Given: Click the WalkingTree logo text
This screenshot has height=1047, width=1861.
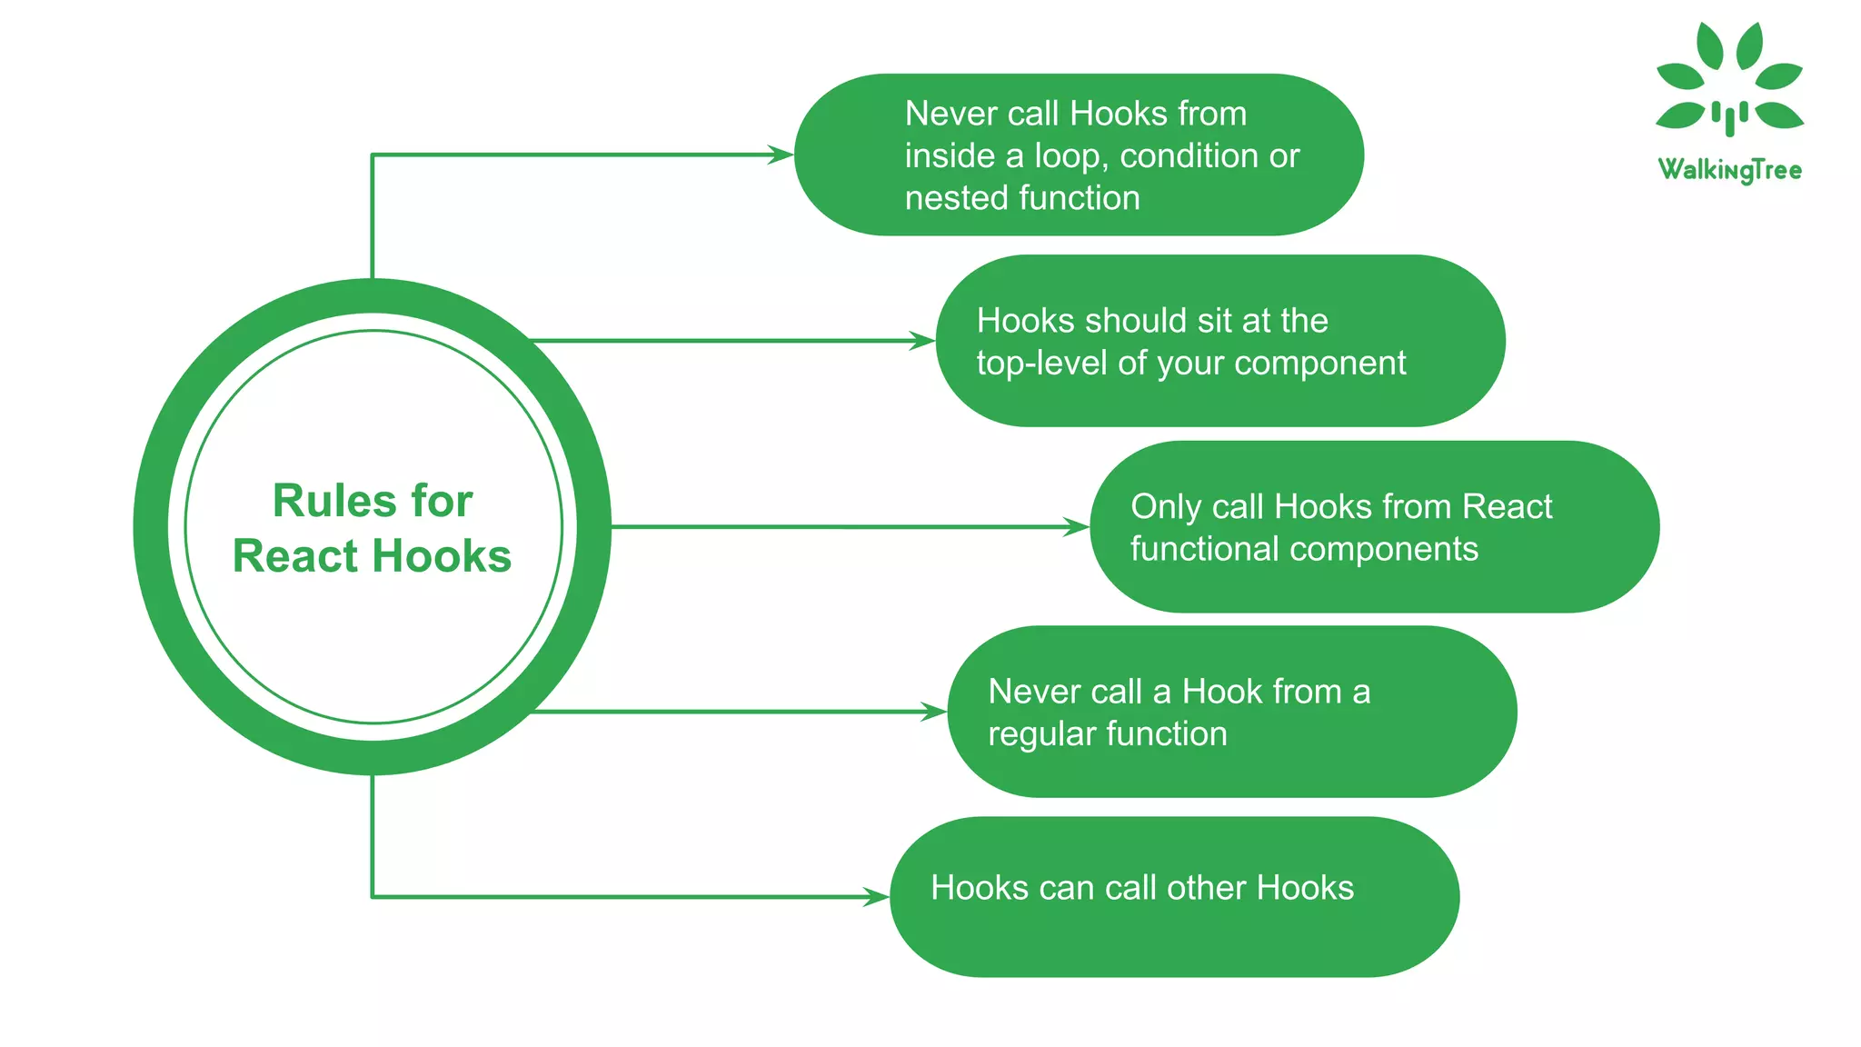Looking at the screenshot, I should (1729, 170).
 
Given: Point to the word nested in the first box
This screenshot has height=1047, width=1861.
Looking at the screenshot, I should (944, 198).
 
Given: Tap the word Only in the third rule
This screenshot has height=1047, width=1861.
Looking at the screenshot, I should (1166, 507).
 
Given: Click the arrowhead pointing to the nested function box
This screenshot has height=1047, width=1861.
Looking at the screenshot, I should (781, 155).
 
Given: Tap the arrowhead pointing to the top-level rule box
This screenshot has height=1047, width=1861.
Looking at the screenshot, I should (921, 341).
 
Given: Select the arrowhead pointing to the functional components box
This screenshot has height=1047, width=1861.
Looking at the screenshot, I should (1076, 527).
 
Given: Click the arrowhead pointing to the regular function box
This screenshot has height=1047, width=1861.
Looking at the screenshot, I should (933, 712).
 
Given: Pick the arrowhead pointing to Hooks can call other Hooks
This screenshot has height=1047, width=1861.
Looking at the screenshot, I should (875, 897).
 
